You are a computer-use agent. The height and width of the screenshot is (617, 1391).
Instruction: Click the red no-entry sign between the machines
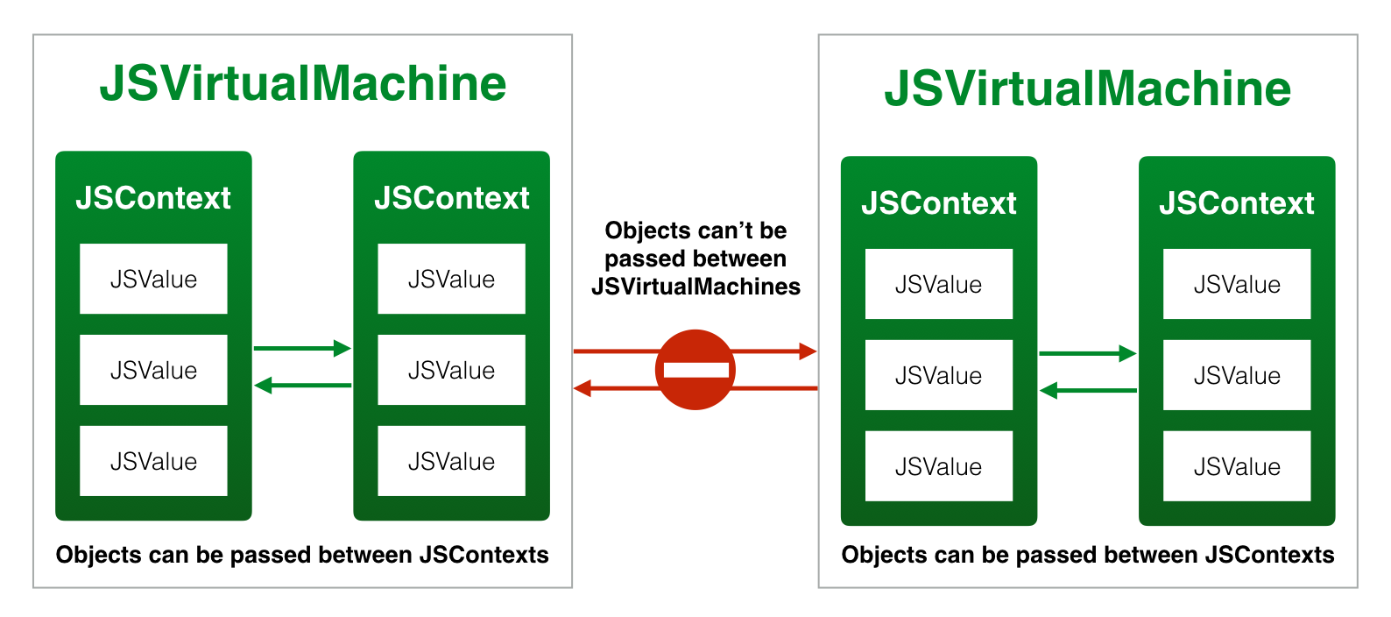(695, 369)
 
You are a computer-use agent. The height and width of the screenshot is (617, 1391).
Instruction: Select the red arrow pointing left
(613, 388)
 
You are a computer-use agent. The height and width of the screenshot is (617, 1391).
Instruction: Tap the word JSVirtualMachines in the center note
(695, 287)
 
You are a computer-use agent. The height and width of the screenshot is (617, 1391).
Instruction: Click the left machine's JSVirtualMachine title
(303, 83)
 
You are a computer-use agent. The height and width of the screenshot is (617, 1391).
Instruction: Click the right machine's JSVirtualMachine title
(1088, 89)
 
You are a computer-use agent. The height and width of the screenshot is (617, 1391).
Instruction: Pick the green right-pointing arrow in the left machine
(302, 348)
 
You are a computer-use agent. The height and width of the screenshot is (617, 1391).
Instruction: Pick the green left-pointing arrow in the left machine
(302, 385)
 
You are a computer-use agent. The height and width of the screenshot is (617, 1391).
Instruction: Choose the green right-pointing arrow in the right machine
(1087, 353)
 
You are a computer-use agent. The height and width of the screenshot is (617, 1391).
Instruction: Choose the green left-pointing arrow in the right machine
(1087, 390)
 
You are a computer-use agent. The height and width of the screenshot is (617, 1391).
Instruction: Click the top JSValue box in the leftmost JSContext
(153, 279)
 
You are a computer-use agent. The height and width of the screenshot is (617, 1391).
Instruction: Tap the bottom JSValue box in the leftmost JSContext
(153, 461)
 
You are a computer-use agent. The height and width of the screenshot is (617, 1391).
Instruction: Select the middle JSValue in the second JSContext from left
(451, 370)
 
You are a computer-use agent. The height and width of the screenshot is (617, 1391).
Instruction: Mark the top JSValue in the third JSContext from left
(938, 284)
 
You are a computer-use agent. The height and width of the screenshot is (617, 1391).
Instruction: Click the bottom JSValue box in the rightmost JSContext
(1237, 466)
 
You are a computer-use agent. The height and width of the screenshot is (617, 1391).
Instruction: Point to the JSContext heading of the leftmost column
(153, 198)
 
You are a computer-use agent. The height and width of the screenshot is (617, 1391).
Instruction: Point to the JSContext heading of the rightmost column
(1237, 203)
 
